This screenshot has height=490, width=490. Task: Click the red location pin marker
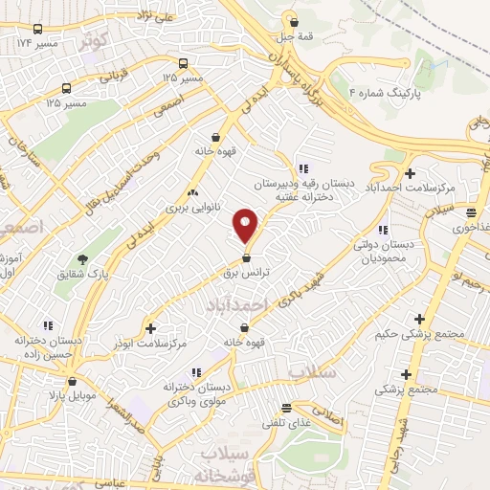coord(246,226)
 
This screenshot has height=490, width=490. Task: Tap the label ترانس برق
coord(248,273)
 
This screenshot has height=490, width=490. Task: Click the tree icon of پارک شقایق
coord(84,259)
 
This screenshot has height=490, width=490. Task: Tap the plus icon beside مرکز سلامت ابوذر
coord(150,326)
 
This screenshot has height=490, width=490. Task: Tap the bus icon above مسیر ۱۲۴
coord(37,29)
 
